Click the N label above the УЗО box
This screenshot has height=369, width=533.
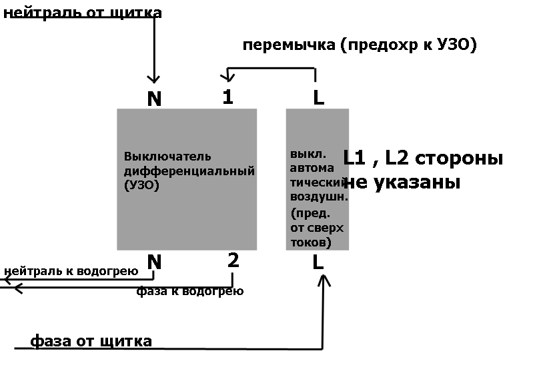click(x=154, y=99)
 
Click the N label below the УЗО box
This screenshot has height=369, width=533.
click(x=154, y=262)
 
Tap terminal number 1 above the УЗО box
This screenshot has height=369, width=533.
click(x=227, y=97)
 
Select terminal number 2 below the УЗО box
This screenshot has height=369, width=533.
click(x=233, y=260)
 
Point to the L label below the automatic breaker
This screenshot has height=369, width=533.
click(x=318, y=262)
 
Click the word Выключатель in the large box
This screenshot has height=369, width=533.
click(x=167, y=156)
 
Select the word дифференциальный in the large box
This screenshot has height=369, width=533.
click(x=189, y=171)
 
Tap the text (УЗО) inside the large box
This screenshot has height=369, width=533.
click(x=141, y=185)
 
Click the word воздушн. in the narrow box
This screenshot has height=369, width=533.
click(x=319, y=196)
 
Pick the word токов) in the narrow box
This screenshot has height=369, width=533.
click(x=311, y=242)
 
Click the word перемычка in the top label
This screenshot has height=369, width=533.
click(x=289, y=45)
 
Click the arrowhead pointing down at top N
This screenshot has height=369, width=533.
click(x=153, y=79)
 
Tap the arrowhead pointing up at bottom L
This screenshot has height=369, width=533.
click(x=324, y=280)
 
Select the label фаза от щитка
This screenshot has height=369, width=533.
click(x=91, y=341)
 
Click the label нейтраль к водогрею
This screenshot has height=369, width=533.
click(x=71, y=271)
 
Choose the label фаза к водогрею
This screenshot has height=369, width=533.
click(x=190, y=291)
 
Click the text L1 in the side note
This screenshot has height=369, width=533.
click(x=354, y=158)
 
